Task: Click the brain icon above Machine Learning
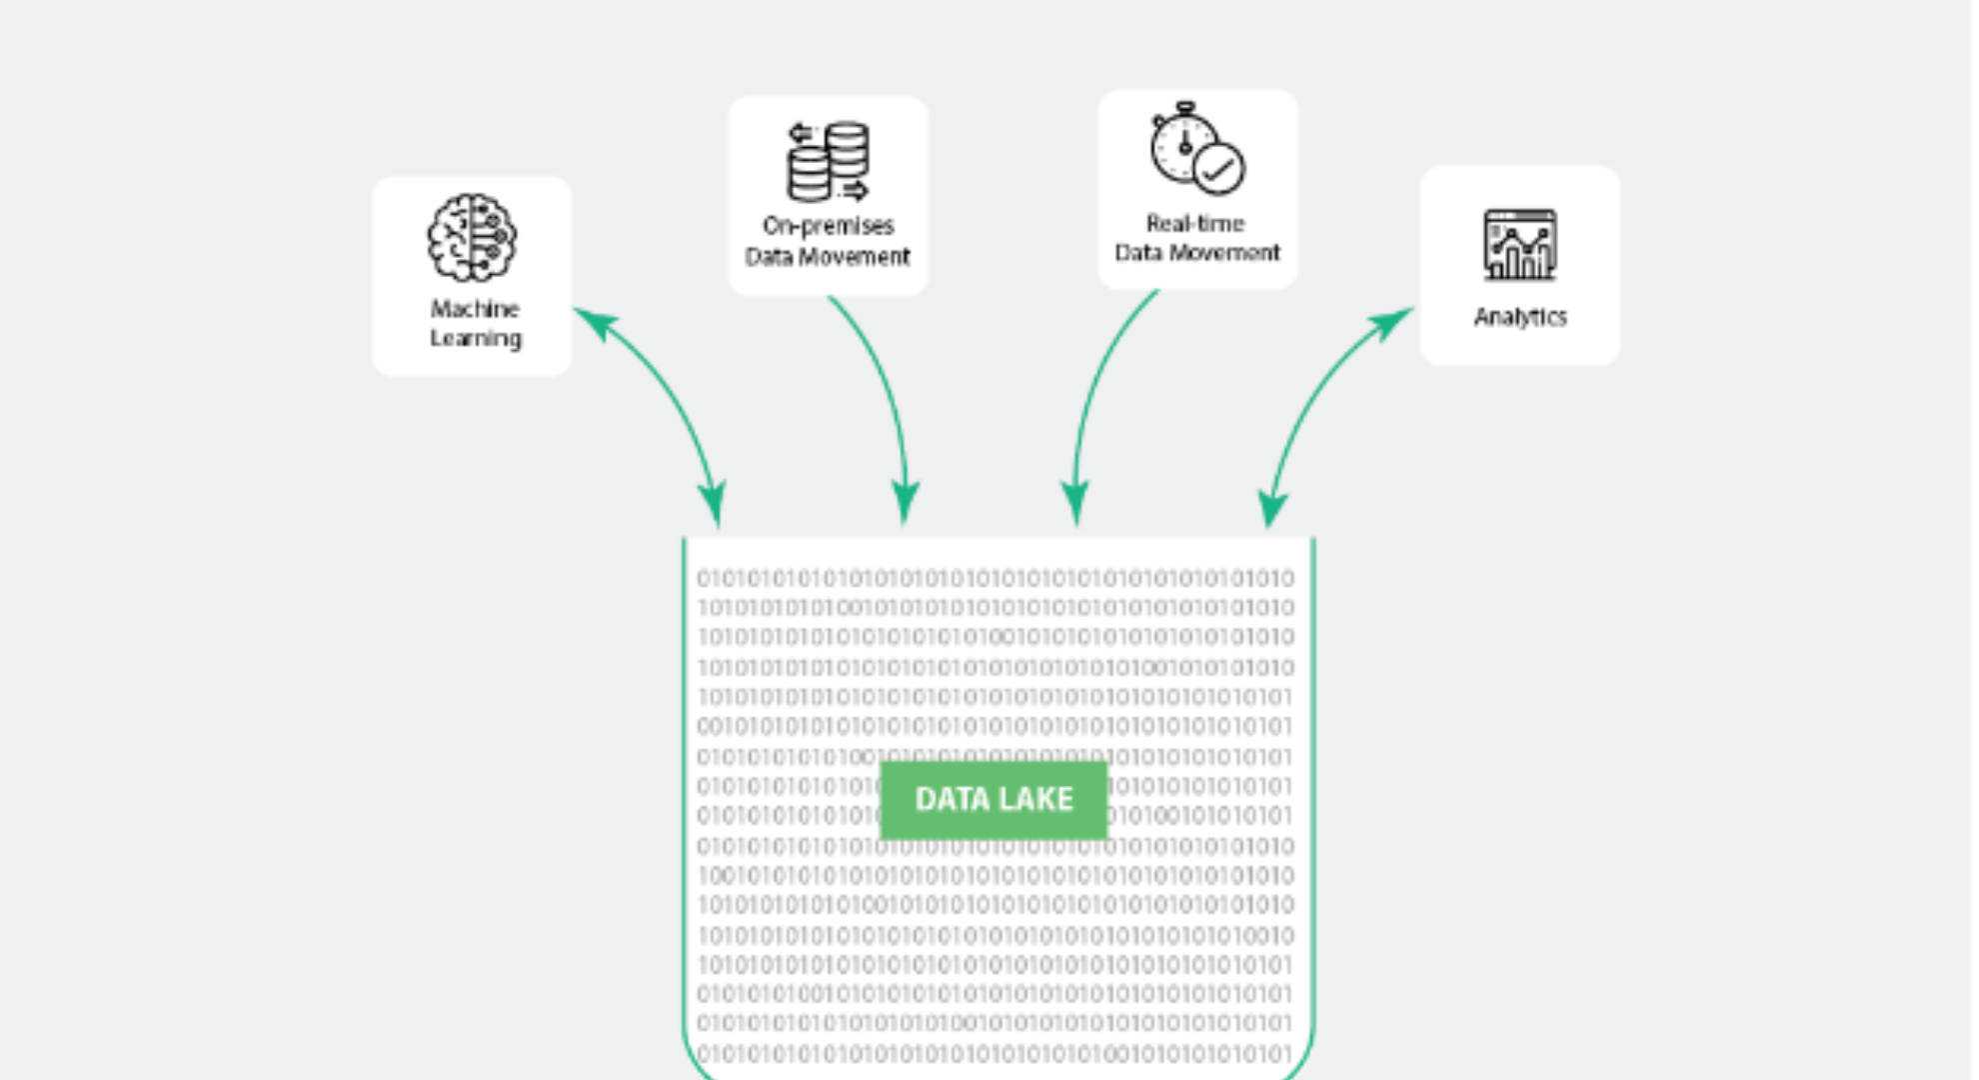point(472,238)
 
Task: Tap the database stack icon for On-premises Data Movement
point(828,161)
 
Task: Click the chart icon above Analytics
point(1520,244)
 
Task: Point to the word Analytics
point(1520,317)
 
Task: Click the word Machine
point(475,308)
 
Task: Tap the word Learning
point(476,338)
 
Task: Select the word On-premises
point(828,226)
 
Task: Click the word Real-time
point(1195,223)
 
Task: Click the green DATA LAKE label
point(993,799)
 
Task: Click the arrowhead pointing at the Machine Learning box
point(596,323)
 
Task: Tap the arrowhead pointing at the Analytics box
point(1391,323)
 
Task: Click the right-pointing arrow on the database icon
point(854,190)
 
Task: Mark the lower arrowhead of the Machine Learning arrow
point(713,502)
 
